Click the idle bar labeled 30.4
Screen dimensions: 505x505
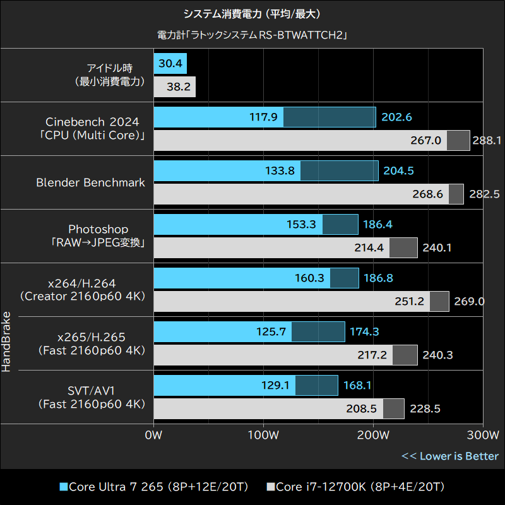pyautogui.click(x=170, y=64)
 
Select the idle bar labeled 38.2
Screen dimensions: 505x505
pyautogui.click(x=174, y=87)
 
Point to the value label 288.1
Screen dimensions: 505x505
pyautogui.click(x=486, y=141)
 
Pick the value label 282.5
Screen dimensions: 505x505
pyautogui.click(x=484, y=194)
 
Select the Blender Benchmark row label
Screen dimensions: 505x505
pyautogui.click(x=90, y=182)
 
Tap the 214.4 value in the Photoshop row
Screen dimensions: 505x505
pyautogui.click(x=369, y=248)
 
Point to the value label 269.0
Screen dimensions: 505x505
pyautogui.click(x=468, y=302)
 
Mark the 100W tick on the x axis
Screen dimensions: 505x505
pyautogui.click(x=263, y=436)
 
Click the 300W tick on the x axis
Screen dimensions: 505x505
pyautogui.click(x=484, y=436)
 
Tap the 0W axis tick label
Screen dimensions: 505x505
pyautogui.click(x=153, y=436)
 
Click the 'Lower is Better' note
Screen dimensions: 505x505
pyautogui.click(x=450, y=456)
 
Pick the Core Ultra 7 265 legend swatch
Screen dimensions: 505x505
pyautogui.click(x=63, y=487)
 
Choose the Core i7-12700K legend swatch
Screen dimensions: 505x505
pyautogui.click(x=271, y=487)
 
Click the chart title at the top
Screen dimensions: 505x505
pyautogui.click(x=252, y=13)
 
